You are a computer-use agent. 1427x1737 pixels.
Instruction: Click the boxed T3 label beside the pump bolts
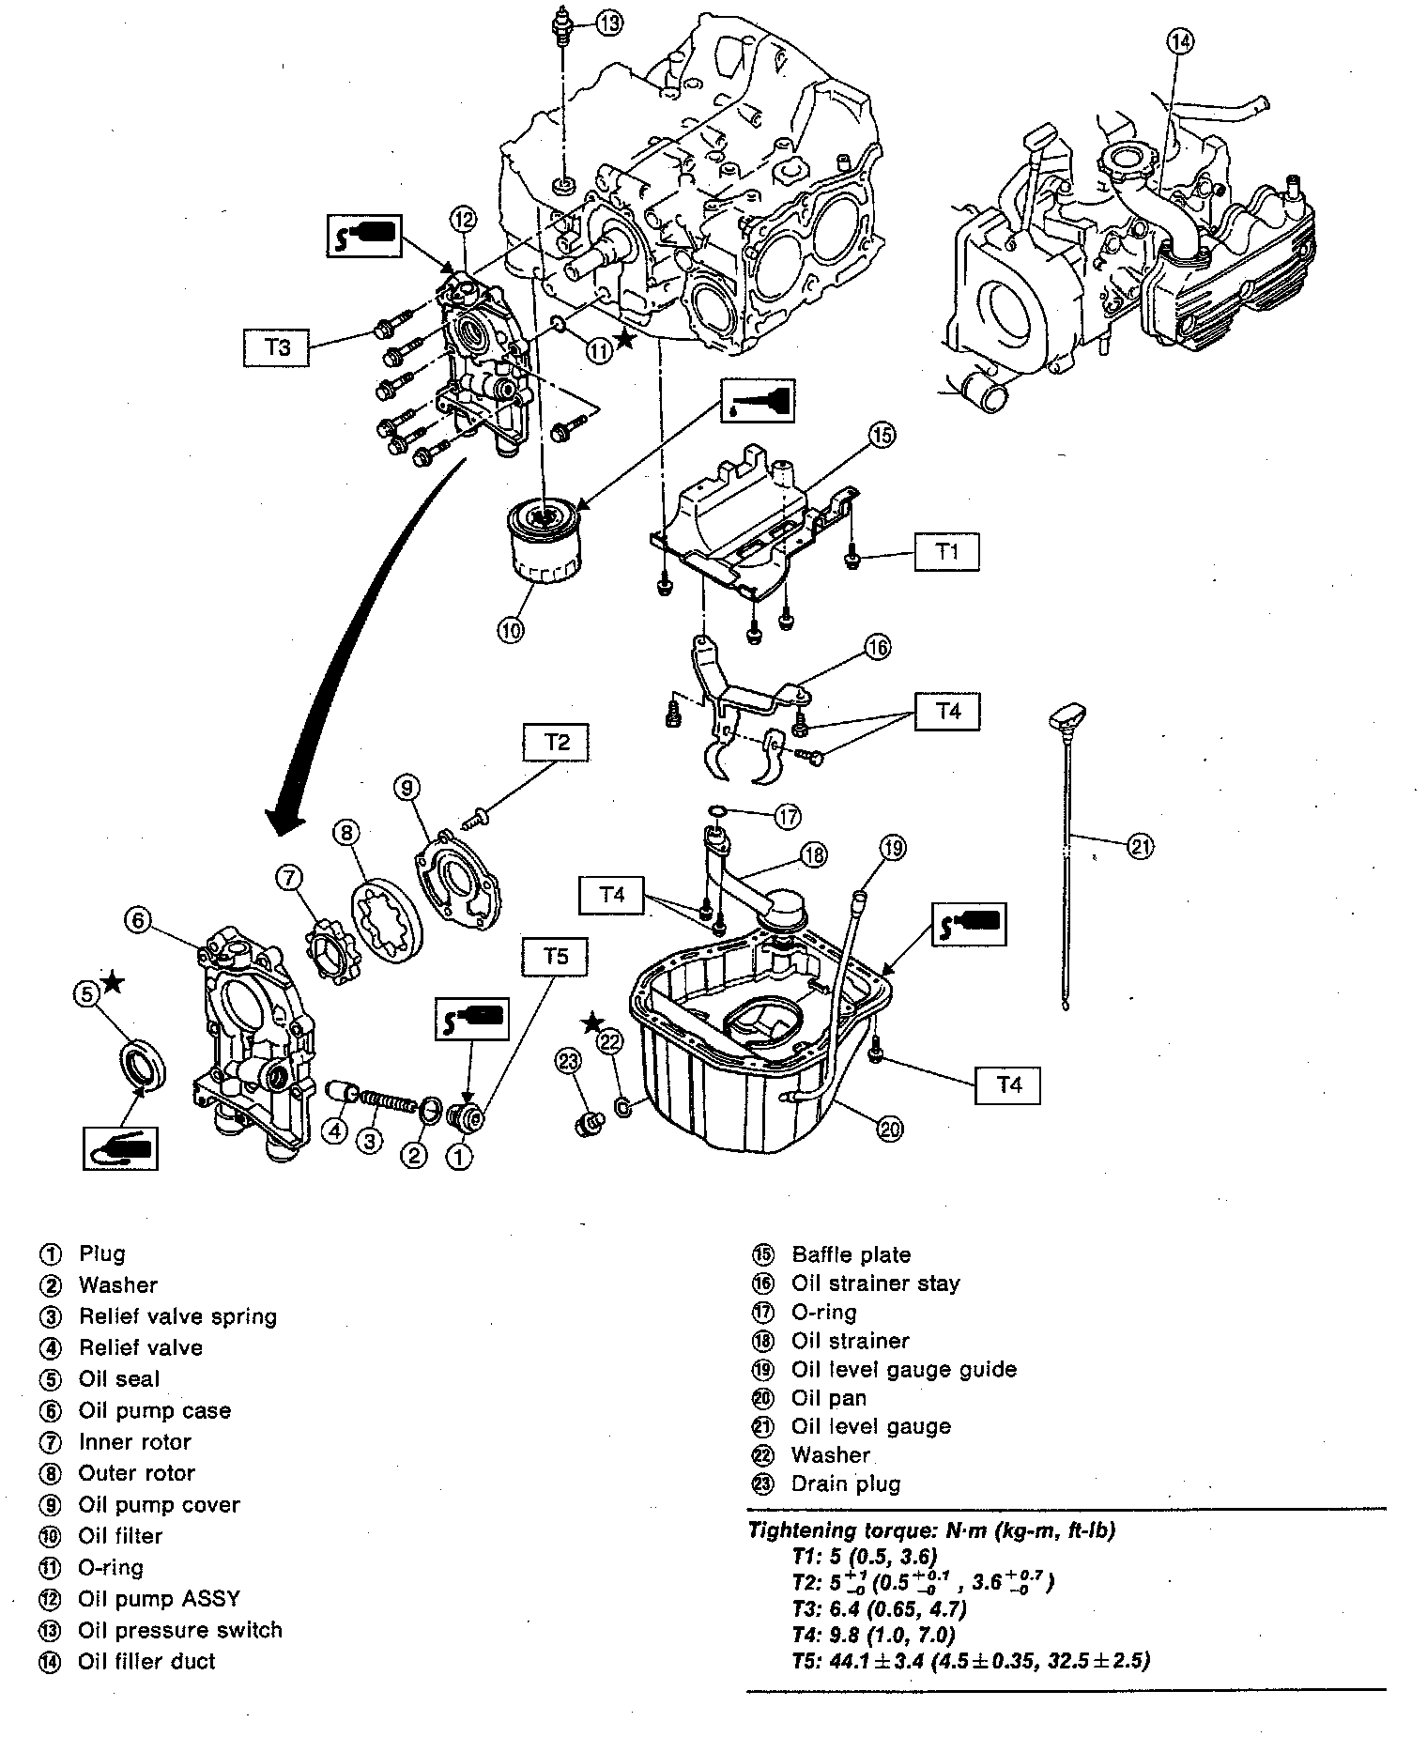tap(278, 346)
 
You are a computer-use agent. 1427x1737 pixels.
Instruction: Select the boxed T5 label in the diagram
tap(556, 957)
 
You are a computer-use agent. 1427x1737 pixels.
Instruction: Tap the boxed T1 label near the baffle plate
tap(947, 551)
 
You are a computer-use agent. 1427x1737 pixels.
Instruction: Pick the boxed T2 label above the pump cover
tap(557, 742)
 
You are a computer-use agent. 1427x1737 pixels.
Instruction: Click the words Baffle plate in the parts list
tap(851, 1254)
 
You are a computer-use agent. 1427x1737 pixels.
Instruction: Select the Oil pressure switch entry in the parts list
tap(180, 1630)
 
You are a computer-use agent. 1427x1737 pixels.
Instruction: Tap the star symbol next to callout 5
tap(113, 983)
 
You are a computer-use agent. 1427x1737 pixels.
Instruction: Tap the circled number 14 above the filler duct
tap(1180, 42)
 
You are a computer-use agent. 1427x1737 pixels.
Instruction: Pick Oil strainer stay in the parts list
tap(875, 1284)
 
